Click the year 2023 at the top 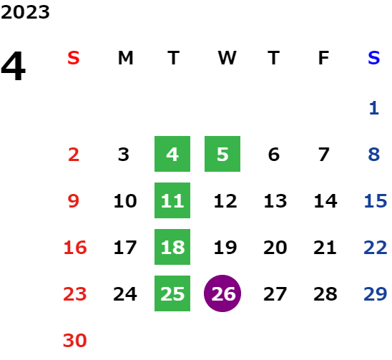pyautogui.click(x=25, y=12)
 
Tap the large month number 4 pyautogui.click(x=14, y=66)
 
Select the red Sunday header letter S pyautogui.click(x=74, y=58)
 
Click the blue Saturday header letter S pyautogui.click(x=373, y=58)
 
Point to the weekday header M pyautogui.click(x=125, y=58)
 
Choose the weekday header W pyautogui.click(x=227, y=58)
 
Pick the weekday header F pyautogui.click(x=324, y=58)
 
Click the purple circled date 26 pyautogui.click(x=222, y=293)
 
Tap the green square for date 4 pyautogui.click(x=172, y=154)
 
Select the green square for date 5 pyautogui.click(x=222, y=154)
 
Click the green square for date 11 pyautogui.click(x=172, y=200)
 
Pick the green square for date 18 pyautogui.click(x=172, y=247)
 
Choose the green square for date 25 pyautogui.click(x=172, y=293)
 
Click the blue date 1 pyautogui.click(x=374, y=108)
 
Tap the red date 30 pyautogui.click(x=74, y=340)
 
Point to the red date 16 pyautogui.click(x=75, y=248)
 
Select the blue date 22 pyautogui.click(x=376, y=248)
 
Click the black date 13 pyautogui.click(x=275, y=201)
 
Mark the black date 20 pyautogui.click(x=275, y=248)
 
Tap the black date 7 pyautogui.click(x=324, y=155)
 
